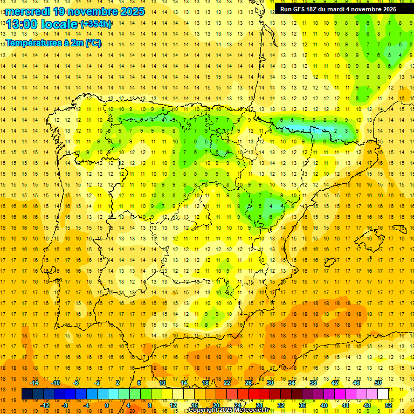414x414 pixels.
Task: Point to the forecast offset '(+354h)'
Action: (x=96, y=24)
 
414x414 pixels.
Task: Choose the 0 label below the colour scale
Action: (x=106, y=405)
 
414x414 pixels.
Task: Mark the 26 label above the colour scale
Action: (x=249, y=383)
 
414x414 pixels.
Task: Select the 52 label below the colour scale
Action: (x=389, y=405)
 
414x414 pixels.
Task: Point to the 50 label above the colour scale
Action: (x=378, y=383)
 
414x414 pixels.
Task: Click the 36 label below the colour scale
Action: (x=302, y=405)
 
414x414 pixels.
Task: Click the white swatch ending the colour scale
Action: (x=383, y=394)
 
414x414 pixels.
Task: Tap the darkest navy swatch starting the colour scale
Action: (x=27, y=394)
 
